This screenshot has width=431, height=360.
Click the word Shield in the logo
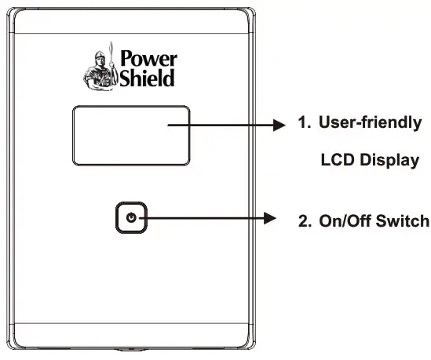(148, 78)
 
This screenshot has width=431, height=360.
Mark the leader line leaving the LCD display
(228, 125)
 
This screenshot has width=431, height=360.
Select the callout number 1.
(301, 124)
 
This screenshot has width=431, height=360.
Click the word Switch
(402, 221)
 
